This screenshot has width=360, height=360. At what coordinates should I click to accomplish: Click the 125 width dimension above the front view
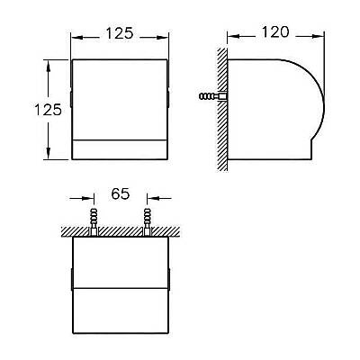pyautogui.click(x=120, y=33)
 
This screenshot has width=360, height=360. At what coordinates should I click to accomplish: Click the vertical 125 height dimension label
pyautogui.click(x=48, y=110)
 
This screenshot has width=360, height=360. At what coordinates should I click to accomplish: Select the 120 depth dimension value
pyautogui.click(x=275, y=32)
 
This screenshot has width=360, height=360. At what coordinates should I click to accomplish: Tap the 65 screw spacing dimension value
pyautogui.click(x=121, y=193)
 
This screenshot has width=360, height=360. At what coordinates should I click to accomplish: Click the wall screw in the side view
pyautogui.click(x=212, y=96)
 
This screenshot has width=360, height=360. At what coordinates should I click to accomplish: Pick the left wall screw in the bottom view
pyautogui.click(x=94, y=221)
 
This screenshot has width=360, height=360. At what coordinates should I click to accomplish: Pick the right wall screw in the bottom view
pyautogui.click(x=147, y=221)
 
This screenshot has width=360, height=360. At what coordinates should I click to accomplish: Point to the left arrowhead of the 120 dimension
pyautogui.click(x=232, y=36)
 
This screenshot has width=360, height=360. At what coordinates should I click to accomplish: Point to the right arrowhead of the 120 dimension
pyautogui.click(x=318, y=36)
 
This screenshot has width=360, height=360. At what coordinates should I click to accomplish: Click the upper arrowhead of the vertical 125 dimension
pyautogui.click(x=48, y=66)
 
